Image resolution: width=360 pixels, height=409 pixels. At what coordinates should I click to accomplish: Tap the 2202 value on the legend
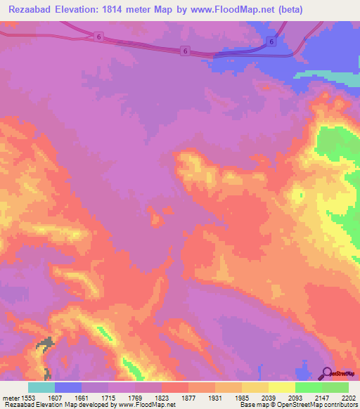(349, 398)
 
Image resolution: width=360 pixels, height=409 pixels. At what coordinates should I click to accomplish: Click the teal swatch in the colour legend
(41, 387)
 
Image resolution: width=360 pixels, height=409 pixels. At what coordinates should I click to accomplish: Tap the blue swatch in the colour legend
(68, 387)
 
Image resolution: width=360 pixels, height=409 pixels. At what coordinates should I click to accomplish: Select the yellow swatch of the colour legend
(281, 387)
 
